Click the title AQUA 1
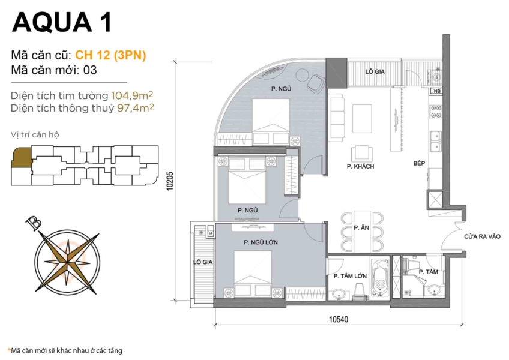[x=61, y=22]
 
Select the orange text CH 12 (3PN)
[x=110, y=55]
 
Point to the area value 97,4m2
[x=133, y=108]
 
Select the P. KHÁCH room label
[x=360, y=166]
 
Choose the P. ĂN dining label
[x=361, y=228]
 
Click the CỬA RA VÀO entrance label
[x=481, y=237]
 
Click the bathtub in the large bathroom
[x=378, y=277]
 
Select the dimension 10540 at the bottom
[x=338, y=320]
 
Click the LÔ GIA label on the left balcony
[x=201, y=262]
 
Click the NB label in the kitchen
[x=436, y=92]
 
